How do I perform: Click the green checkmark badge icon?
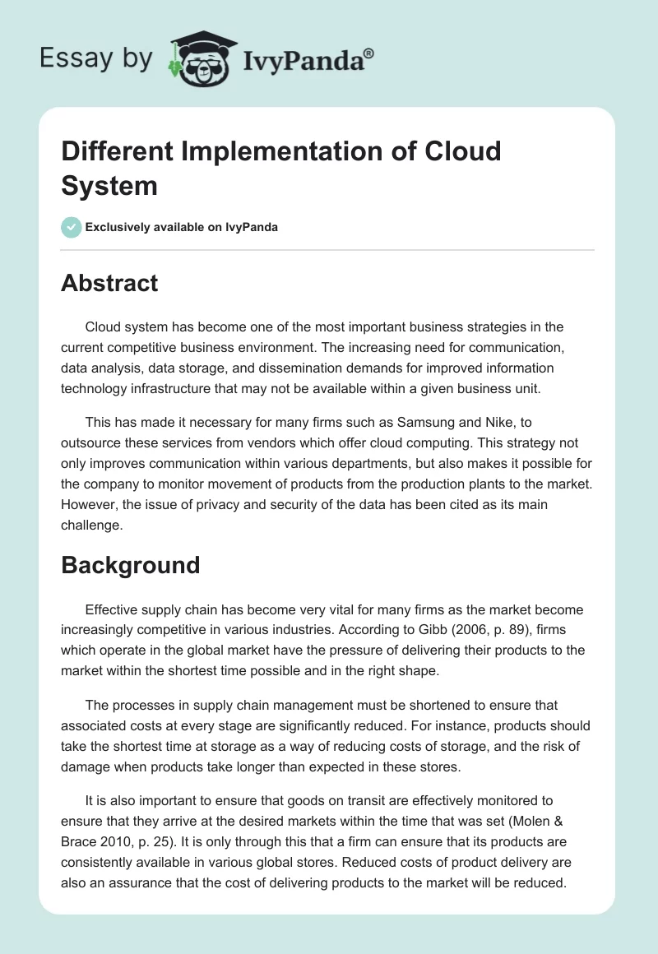[x=72, y=227]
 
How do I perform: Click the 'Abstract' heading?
[x=109, y=284]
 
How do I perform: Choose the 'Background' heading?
[x=130, y=565]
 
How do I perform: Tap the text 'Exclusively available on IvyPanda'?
[x=181, y=227]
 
